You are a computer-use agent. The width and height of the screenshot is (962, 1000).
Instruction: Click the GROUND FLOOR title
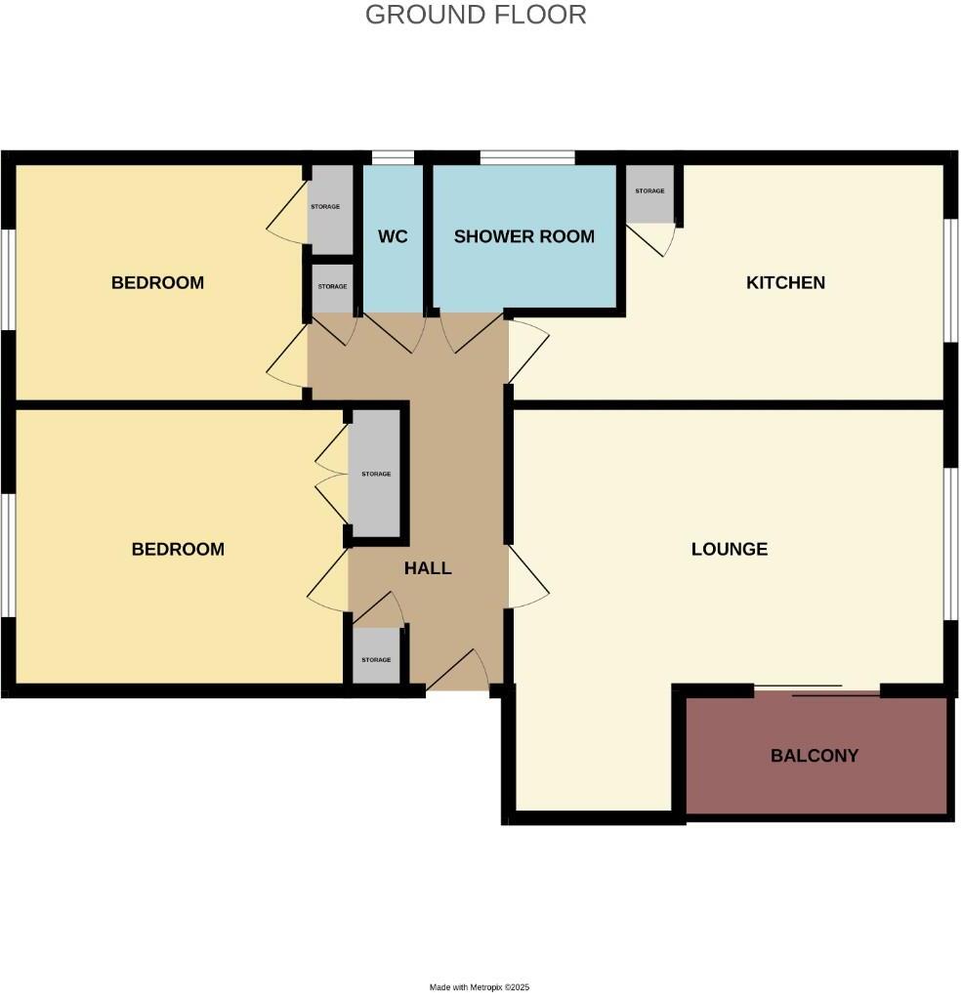(476, 15)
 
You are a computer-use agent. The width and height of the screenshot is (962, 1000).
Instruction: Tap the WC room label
(393, 236)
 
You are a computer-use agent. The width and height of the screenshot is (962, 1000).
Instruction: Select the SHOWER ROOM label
(523, 236)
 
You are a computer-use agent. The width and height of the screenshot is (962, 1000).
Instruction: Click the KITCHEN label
(785, 283)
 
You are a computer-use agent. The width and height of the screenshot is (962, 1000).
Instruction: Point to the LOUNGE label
(729, 549)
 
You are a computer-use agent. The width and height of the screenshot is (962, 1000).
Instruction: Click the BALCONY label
(815, 756)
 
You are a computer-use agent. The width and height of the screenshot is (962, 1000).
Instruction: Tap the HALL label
(428, 568)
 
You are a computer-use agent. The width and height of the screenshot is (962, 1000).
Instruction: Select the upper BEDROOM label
(157, 283)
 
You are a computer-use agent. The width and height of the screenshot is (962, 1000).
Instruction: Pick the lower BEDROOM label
(178, 549)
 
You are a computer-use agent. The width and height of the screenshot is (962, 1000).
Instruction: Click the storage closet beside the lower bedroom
(375, 474)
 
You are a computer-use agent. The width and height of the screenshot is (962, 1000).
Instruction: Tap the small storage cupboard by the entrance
(376, 657)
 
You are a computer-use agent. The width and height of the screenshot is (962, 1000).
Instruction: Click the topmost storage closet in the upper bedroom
(329, 208)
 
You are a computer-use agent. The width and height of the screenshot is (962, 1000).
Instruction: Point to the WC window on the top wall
(394, 156)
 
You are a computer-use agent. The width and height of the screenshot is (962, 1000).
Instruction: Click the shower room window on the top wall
(526, 156)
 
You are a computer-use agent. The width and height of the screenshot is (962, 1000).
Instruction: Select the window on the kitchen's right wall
(949, 280)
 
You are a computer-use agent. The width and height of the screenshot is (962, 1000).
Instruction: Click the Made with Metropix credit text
(480, 987)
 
